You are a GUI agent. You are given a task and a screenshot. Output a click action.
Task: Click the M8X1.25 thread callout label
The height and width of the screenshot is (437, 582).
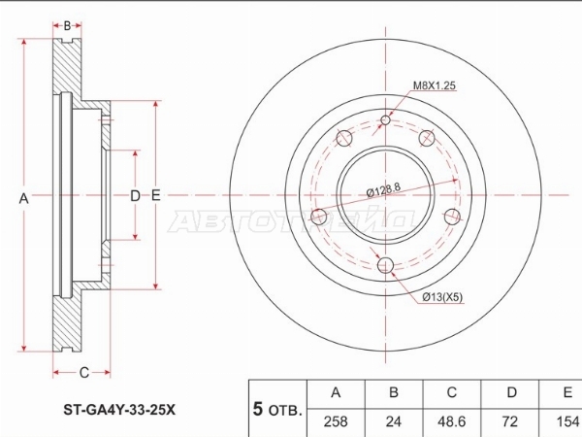[435, 85]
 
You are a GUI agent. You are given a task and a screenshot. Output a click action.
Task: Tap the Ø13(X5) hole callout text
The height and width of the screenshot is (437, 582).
[442, 297]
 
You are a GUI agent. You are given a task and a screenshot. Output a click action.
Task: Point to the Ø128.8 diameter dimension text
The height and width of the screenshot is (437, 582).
[384, 190]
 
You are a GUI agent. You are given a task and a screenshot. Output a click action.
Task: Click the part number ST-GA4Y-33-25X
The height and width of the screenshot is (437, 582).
[119, 410]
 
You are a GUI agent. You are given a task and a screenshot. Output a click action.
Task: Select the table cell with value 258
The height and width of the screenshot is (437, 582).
[336, 422]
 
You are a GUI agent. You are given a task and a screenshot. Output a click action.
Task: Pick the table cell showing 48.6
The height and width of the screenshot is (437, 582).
[452, 422]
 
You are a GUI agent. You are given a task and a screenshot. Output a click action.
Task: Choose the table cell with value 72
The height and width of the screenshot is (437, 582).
[510, 422]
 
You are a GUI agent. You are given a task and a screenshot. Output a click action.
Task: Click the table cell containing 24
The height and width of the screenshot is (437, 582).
[394, 422]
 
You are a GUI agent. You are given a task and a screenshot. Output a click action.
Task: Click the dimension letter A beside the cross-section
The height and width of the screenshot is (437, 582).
[23, 198]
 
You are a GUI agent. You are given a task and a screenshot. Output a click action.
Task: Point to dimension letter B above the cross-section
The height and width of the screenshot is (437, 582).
[67, 25]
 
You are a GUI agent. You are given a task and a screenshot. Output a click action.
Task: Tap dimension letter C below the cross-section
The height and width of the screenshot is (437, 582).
[84, 372]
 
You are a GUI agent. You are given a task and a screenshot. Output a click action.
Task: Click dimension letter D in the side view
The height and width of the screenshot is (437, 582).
[135, 195]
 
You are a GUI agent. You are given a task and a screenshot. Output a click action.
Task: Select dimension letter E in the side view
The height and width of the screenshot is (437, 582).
[156, 195]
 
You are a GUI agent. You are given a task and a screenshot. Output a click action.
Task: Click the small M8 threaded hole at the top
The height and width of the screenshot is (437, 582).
[386, 120]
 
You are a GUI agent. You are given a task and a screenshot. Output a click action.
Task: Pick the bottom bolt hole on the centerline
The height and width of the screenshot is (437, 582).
[386, 265]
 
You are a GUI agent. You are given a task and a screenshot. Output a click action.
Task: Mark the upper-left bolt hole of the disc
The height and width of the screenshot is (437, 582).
[344, 138]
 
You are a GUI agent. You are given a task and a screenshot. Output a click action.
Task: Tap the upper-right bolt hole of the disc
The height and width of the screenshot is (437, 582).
[427, 138]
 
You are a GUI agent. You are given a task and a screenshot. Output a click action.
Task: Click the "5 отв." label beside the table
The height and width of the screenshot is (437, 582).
[276, 409]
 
